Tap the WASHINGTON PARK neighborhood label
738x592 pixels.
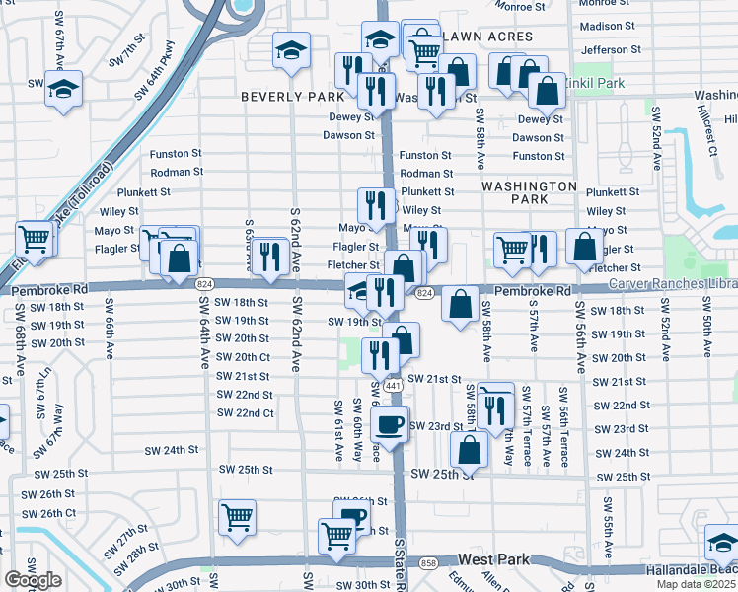[529, 192]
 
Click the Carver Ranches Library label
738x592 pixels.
[671, 283]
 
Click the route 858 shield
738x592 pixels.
[428, 562]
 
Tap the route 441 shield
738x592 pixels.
[393, 384]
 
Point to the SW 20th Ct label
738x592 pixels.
[242, 357]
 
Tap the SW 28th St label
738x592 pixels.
[142, 549]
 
